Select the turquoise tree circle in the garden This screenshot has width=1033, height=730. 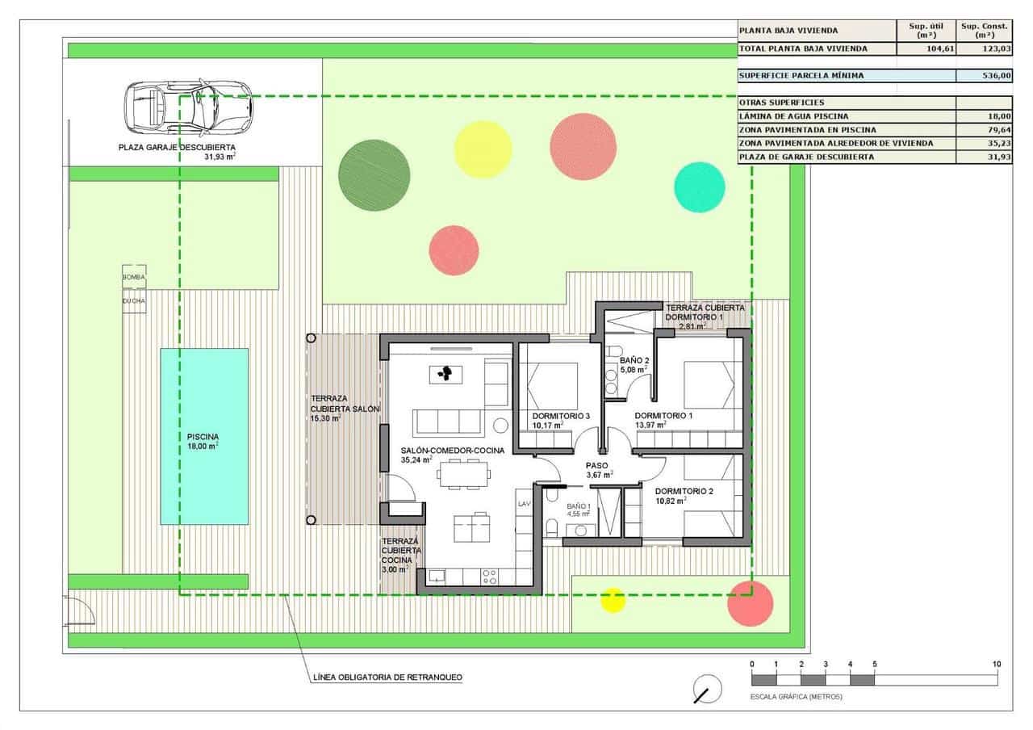point(700,187)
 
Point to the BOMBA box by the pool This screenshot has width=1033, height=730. point(134,276)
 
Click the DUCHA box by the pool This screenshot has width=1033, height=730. point(134,300)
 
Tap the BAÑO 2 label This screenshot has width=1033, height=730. point(634,360)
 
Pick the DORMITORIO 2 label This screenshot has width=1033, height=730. point(684,491)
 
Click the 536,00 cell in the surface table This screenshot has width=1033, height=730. point(984,76)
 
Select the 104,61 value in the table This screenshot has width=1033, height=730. point(926,49)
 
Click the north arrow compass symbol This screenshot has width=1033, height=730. point(707,689)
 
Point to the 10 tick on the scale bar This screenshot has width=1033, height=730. point(997,665)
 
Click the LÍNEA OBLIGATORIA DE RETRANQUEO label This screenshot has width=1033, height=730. point(387,678)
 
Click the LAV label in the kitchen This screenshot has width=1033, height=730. point(524,503)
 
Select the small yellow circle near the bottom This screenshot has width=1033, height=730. point(613,599)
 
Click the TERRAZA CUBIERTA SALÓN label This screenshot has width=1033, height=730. point(344,409)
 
